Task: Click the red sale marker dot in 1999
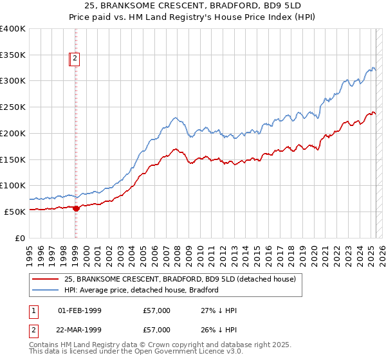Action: tap(76, 208)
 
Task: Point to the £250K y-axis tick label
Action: tap(12, 107)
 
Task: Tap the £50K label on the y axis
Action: tap(15, 212)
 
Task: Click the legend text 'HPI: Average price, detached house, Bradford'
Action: tap(141, 290)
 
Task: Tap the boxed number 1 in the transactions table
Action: tap(33, 310)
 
